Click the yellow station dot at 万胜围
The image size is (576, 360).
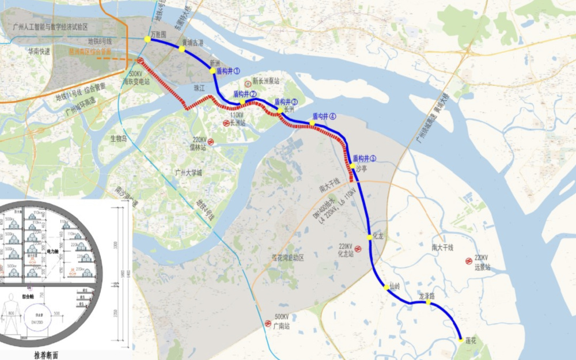click(x=147, y=39)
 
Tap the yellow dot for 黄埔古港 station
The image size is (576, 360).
click(x=182, y=49)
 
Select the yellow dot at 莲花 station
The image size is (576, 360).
click(x=460, y=340)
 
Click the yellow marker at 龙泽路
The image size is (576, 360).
click(x=428, y=302)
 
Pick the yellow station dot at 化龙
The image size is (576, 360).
click(x=369, y=237)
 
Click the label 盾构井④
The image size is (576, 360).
click(x=324, y=116)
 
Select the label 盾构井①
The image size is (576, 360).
click(x=228, y=70)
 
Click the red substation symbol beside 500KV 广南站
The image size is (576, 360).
click(x=268, y=324)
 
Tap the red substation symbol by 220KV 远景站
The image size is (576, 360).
click(x=468, y=261)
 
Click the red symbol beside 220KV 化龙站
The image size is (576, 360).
click(x=358, y=250)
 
